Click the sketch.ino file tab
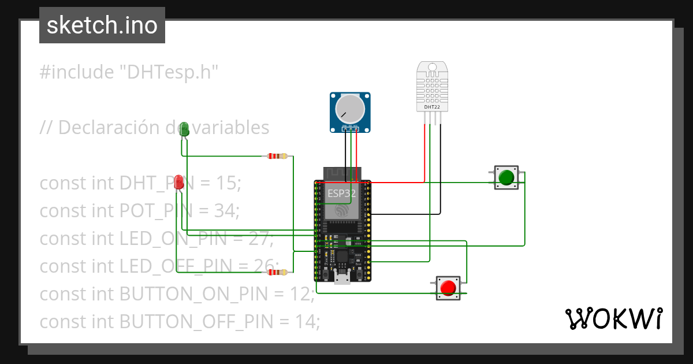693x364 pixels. [102, 25]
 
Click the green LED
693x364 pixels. [184, 129]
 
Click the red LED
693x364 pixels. [179, 183]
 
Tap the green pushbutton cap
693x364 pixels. [506, 177]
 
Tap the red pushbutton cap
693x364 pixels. [448, 287]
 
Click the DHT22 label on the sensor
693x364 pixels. [431, 107]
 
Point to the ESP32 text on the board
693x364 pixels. [342, 193]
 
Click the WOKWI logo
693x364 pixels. [613, 318]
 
